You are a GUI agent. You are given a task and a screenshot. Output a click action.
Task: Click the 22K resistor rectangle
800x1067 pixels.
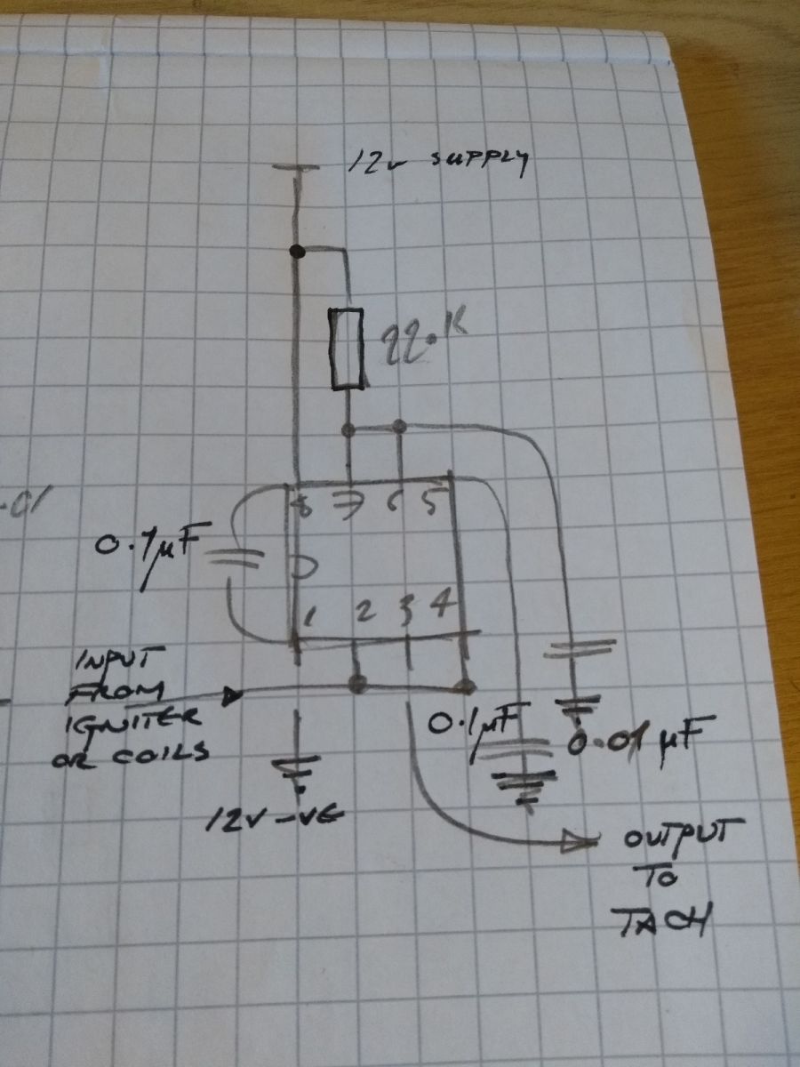pos(346,349)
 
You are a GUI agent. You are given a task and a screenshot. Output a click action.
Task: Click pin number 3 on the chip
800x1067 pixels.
pos(406,610)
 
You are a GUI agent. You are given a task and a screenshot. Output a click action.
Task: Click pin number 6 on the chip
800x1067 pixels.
pos(396,504)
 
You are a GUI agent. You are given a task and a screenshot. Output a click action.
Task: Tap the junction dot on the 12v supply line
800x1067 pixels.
pos(297,252)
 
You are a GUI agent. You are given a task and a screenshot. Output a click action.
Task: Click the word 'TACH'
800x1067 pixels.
pos(665,921)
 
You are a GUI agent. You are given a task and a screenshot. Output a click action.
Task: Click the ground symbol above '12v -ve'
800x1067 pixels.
pos(297,766)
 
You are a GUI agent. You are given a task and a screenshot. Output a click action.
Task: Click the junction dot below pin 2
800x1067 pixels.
pos(357,683)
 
